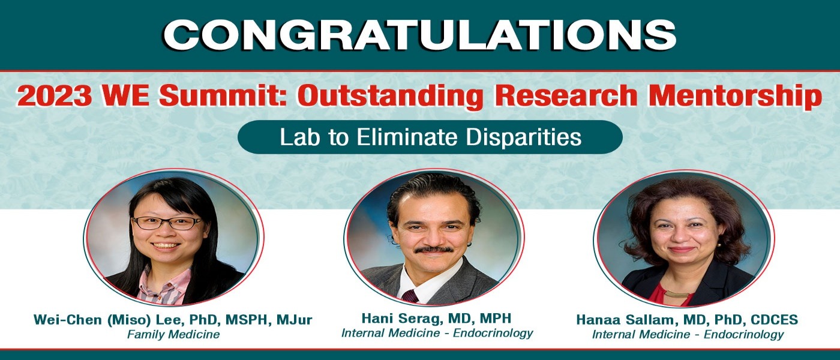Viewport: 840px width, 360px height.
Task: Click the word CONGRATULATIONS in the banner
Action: coord(419,35)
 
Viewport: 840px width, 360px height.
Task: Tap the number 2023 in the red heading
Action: coord(54,96)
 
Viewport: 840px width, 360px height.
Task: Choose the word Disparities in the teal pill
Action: coord(523,137)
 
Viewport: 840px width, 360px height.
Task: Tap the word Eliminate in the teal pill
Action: coord(407,137)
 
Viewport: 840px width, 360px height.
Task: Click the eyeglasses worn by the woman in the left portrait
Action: coord(167,223)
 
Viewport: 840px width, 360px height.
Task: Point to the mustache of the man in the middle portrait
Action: coord(434,250)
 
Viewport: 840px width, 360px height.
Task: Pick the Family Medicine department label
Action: coord(173,335)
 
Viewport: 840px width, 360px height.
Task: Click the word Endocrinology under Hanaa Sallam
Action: coord(743,335)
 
